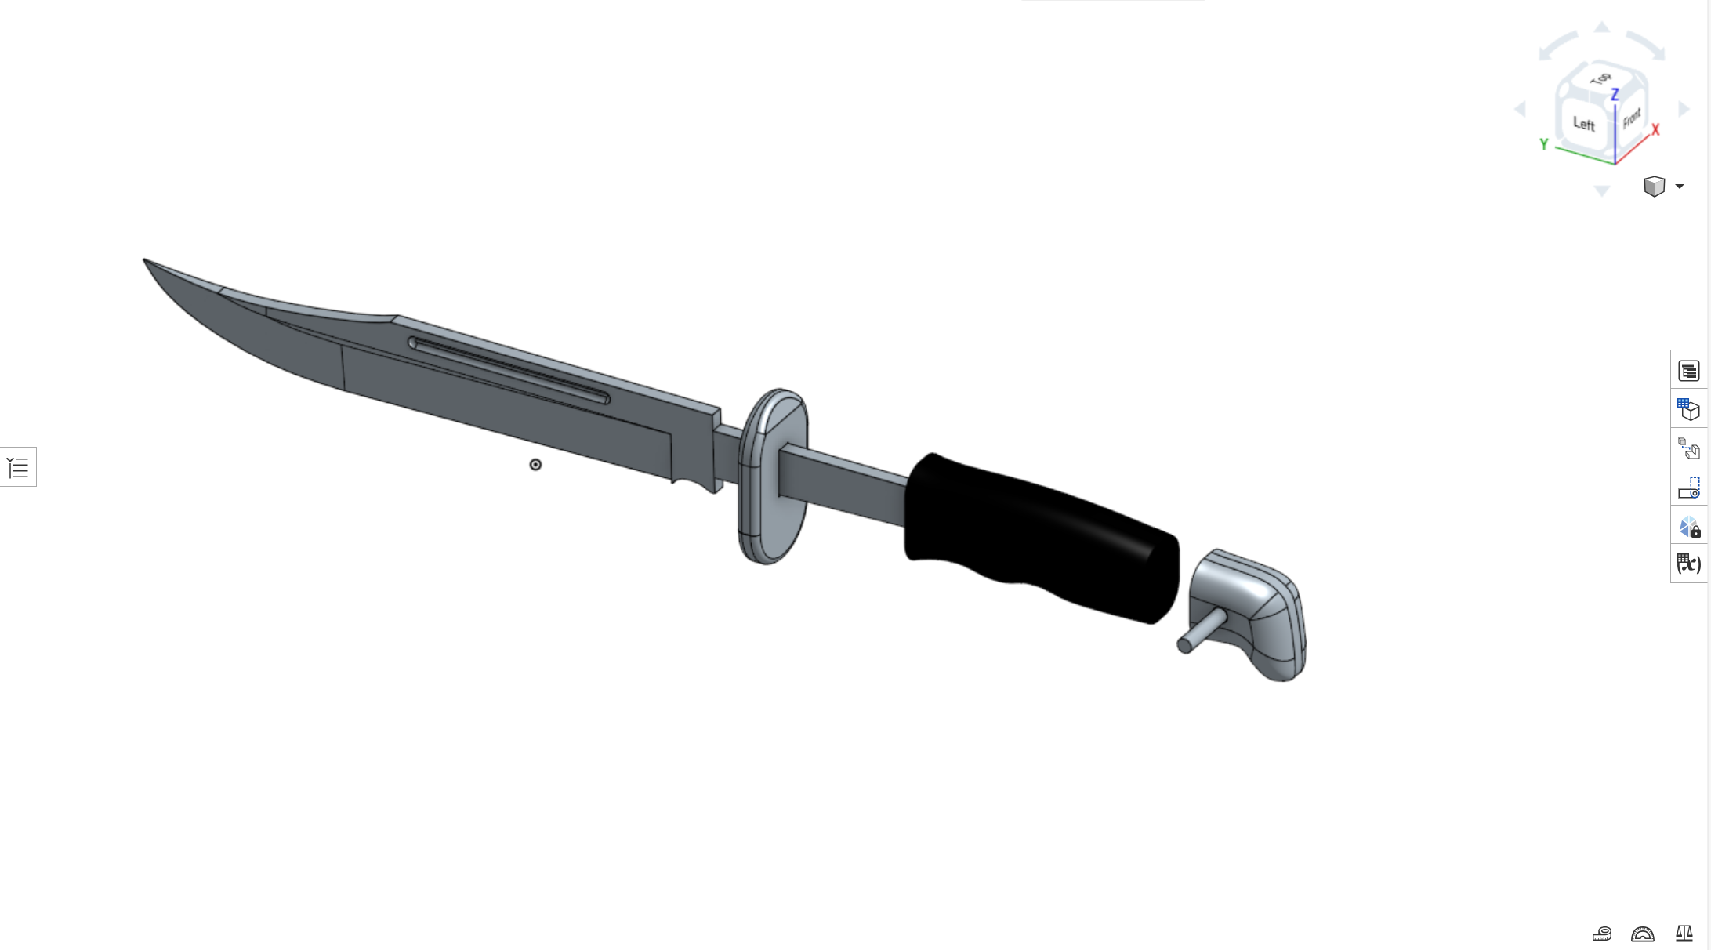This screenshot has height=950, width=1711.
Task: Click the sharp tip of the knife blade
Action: click(x=144, y=259)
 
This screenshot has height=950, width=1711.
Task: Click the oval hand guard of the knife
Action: click(x=772, y=476)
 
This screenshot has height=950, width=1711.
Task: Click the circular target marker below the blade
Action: click(x=535, y=465)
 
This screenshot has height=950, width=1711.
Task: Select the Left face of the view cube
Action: click(x=1583, y=124)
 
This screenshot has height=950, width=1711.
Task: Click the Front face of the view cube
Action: click(x=1631, y=118)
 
